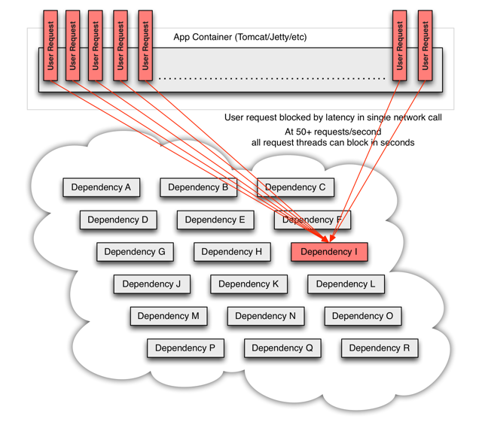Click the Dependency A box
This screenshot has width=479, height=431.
pos(101,187)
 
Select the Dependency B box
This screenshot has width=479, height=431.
pos(198,187)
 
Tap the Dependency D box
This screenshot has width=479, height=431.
pos(118,220)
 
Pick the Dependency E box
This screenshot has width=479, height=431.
pos(215,220)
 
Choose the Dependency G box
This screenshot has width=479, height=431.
pos(135,251)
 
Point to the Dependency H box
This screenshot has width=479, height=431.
pos(231,251)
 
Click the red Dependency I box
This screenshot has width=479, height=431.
pos(329,252)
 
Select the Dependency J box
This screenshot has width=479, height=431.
pos(151,284)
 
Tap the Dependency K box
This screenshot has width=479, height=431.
pos(249,284)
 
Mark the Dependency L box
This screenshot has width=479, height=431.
pos(346,284)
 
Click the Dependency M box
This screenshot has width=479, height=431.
pos(168,316)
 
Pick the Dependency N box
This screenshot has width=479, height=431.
pos(265,316)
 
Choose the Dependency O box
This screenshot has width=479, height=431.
pos(362,316)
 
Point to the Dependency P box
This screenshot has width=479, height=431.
pos(185,348)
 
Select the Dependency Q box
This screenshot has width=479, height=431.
pos(282,348)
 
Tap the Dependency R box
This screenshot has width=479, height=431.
pos(379,348)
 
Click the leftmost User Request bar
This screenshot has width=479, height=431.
pos(50,46)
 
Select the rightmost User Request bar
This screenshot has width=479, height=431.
pos(425,46)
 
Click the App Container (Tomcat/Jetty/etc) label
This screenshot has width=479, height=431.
pos(239,37)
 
